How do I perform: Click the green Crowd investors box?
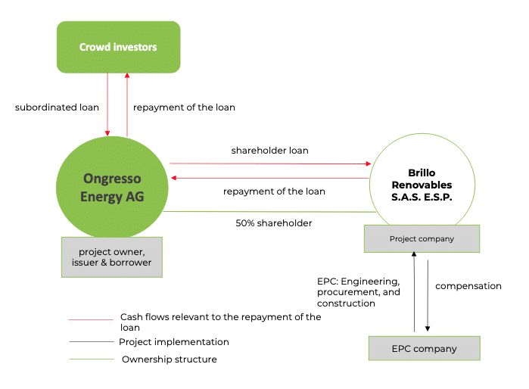tap(118, 47)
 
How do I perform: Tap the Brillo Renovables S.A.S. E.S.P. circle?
tap(424, 184)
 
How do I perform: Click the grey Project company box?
tap(422, 239)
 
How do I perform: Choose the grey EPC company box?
tap(424, 349)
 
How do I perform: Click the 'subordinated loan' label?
tap(57, 107)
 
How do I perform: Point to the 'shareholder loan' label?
tap(269, 151)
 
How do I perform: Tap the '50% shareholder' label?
tap(274, 223)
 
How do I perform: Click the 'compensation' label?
tap(468, 286)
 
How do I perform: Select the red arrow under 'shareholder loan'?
tap(269, 163)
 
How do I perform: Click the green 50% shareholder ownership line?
tap(265, 212)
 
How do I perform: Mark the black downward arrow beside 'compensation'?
tap(428, 294)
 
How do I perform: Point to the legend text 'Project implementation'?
tap(173, 342)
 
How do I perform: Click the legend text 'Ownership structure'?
tap(169, 359)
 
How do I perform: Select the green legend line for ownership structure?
tap(89, 359)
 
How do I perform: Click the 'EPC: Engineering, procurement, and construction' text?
tap(358, 292)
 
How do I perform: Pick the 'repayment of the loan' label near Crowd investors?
tap(184, 107)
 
